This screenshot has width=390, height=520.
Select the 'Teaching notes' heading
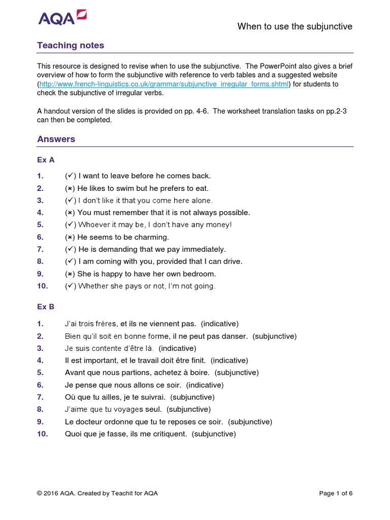tap(71, 46)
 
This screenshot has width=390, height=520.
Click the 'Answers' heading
tap(56, 139)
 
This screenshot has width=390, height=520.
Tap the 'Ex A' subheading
tap(46, 159)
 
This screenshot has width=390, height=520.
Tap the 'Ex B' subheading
tap(46, 307)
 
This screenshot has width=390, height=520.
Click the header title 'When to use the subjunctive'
tap(295, 26)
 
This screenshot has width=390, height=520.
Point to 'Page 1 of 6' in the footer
tap(336, 493)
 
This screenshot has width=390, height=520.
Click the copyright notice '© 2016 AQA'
tap(56, 493)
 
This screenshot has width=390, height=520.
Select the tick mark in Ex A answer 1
tap(70, 176)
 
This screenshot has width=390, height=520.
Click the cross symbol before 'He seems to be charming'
tap(70, 237)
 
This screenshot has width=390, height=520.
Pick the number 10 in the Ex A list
tap(43, 286)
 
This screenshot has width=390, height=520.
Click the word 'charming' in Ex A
tap(153, 237)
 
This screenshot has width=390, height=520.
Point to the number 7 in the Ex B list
tap(40, 397)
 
